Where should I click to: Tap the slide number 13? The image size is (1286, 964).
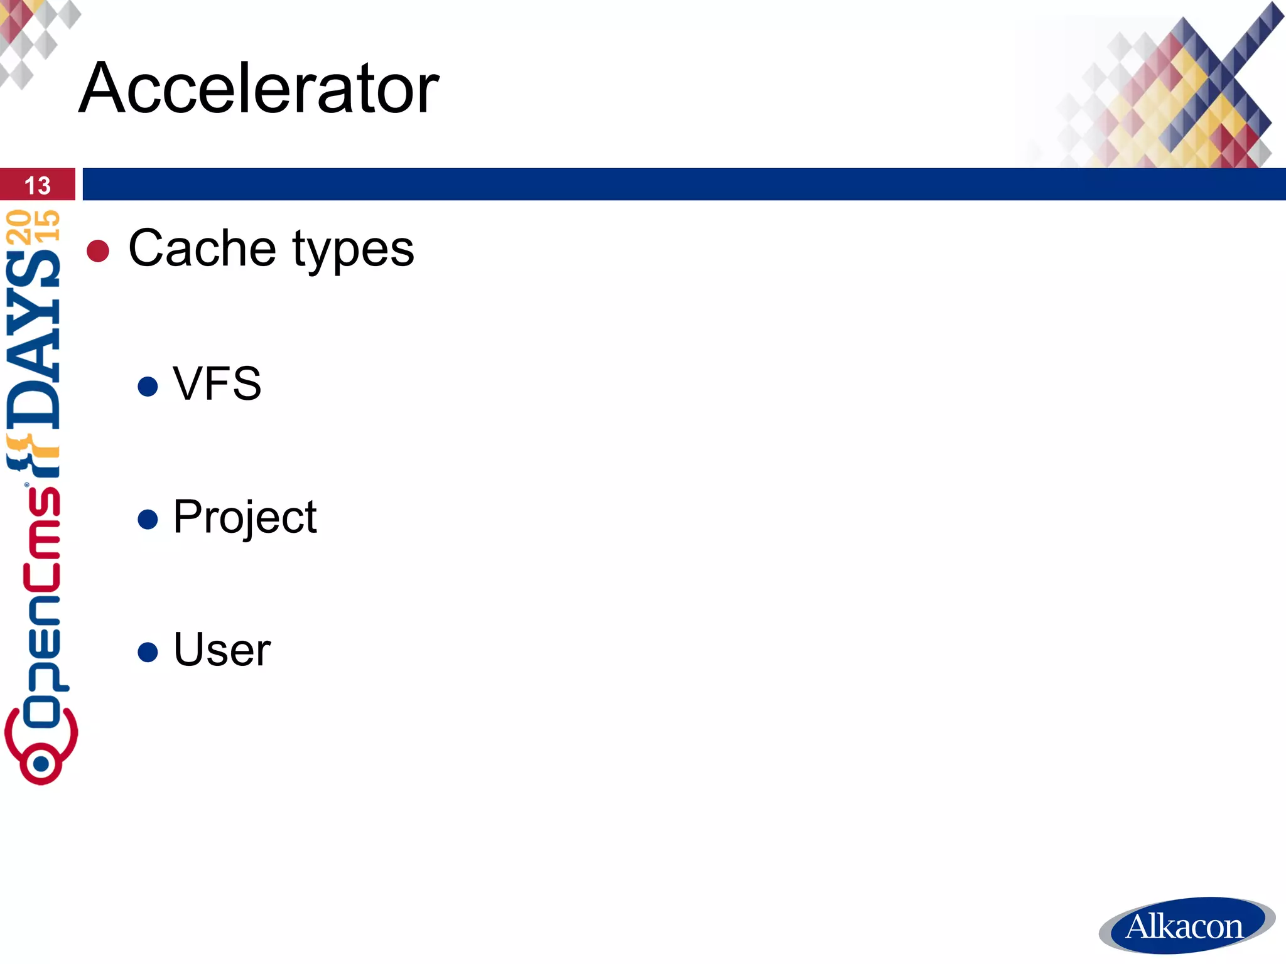click(37, 185)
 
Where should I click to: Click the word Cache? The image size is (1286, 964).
click(202, 249)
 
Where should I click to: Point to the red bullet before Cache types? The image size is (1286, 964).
click(98, 251)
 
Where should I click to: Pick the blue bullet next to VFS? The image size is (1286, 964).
click(148, 386)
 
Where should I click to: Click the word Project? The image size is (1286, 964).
click(245, 518)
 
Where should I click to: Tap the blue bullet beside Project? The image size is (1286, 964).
click(148, 519)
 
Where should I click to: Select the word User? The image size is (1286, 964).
click(222, 650)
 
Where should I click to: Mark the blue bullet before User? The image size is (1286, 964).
click(148, 651)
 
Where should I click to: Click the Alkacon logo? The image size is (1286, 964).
click(1186, 926)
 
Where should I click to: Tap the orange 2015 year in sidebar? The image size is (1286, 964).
click(33, 226)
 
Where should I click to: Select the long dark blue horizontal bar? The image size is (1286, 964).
click(683, 184)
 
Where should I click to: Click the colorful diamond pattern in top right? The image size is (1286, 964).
click(1181, 94)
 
